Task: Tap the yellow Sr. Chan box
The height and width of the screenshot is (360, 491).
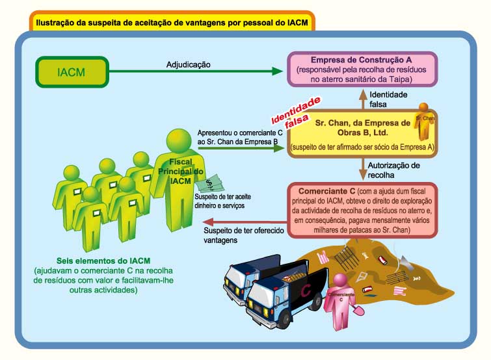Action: [363, 134]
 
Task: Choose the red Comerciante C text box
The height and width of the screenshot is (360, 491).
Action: [363, 209]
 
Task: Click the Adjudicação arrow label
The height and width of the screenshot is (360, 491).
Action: [189, 64]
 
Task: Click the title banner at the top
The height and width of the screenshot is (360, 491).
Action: [172, 22]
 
